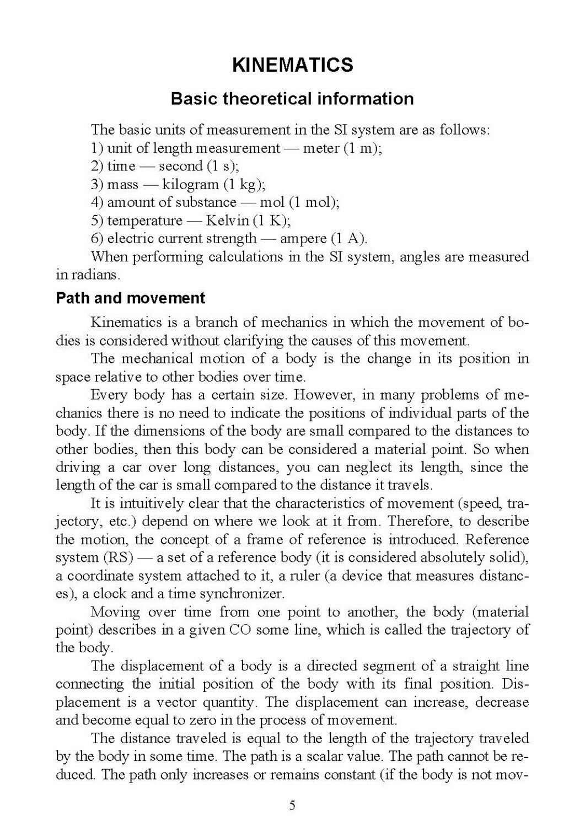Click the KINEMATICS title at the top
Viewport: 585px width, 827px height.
(292, 65)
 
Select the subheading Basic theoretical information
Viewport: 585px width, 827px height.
(292, 99)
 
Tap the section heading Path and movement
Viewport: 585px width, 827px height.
(131, 298)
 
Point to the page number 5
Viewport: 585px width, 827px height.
(292, 805)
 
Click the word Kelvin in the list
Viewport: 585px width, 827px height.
(227, 221)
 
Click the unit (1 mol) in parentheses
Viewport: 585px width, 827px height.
(314, 202)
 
